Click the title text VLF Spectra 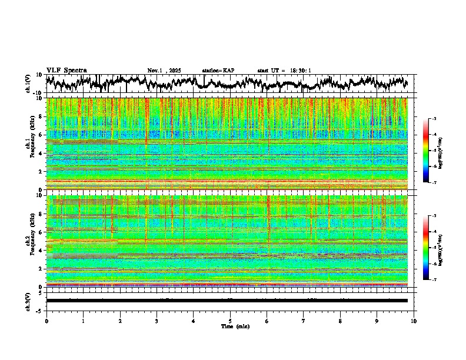click(x=66, y=71)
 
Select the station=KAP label click(x=218, y=71)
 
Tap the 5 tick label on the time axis click(x=230, y=321)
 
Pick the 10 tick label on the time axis click(x=414, y=321)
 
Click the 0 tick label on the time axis click(x=46, y=321)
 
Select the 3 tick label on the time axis click(x=157, y=321)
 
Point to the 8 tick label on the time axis click(x=340, y=321)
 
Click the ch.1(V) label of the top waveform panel click(x=29, y=84)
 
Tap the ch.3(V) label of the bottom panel click(x=29, y=301)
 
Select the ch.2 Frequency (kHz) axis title click(x=31, y=241)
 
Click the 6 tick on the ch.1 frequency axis click(x=40, y=135)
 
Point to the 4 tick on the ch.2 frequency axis click(x=40, y=251)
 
